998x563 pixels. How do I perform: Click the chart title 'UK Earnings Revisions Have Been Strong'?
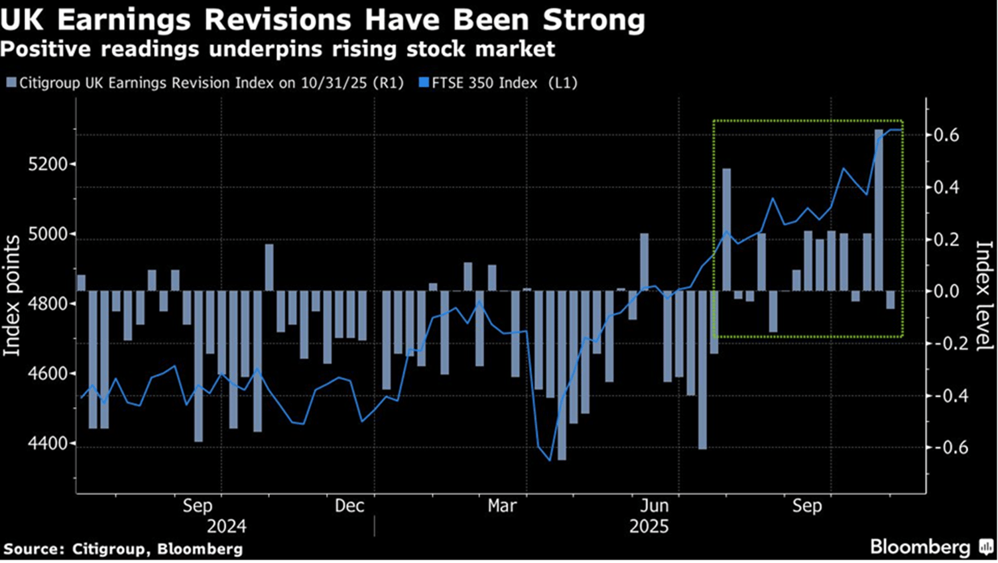(322, 20)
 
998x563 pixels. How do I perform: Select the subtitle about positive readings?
(277, 49)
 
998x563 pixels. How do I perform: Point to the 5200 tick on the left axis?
(48, 164)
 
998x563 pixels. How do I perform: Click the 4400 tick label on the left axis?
(48, 444)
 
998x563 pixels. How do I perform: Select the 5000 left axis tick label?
(48, 234)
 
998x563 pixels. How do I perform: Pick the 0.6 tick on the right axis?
(946, 135)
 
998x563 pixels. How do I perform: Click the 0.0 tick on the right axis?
(946, 291)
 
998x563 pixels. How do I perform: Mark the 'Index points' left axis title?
(12, 296)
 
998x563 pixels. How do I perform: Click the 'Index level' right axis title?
(984, 296)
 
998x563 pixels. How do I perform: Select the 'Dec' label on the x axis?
(349, 506)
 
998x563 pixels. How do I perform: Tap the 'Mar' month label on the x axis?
(502, 506)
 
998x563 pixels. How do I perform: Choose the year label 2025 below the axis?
(649, 527)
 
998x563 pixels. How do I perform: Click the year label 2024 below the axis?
(226, 527)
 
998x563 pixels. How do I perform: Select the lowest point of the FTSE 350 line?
(550, 460)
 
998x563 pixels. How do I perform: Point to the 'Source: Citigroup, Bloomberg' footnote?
(123, 549)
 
